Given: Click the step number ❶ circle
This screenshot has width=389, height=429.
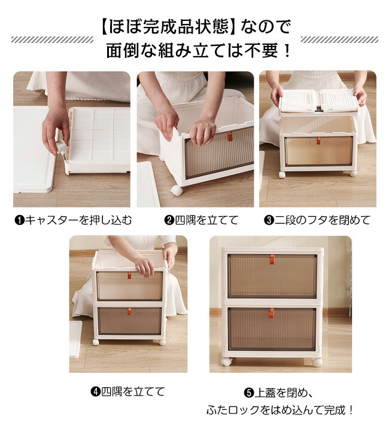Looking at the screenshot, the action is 20,220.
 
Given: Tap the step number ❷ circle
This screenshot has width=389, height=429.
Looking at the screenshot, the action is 169,220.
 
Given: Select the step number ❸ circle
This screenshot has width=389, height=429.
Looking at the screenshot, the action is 269,220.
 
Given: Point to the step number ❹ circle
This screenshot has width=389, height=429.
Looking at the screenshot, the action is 96,391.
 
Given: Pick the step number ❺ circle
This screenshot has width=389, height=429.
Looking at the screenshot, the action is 249,393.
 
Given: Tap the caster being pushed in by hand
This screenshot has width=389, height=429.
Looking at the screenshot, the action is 62,150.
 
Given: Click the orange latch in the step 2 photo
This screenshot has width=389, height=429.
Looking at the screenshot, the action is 230,136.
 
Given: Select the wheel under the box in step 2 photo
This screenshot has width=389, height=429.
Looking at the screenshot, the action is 177,191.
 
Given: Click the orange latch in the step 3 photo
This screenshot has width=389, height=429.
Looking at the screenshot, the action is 318,140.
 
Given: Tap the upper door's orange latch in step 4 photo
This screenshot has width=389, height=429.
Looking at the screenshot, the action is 129,275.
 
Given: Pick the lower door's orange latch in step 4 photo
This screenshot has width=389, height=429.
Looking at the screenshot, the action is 129,311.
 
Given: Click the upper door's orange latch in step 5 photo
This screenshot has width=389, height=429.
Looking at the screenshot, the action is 272,259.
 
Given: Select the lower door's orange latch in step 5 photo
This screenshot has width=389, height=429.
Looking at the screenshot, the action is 271,312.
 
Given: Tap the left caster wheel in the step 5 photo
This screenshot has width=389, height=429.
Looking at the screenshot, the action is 227,361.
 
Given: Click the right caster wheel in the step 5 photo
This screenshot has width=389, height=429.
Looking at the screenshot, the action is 317,362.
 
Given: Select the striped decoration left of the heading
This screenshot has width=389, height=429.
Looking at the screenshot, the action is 52,39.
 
